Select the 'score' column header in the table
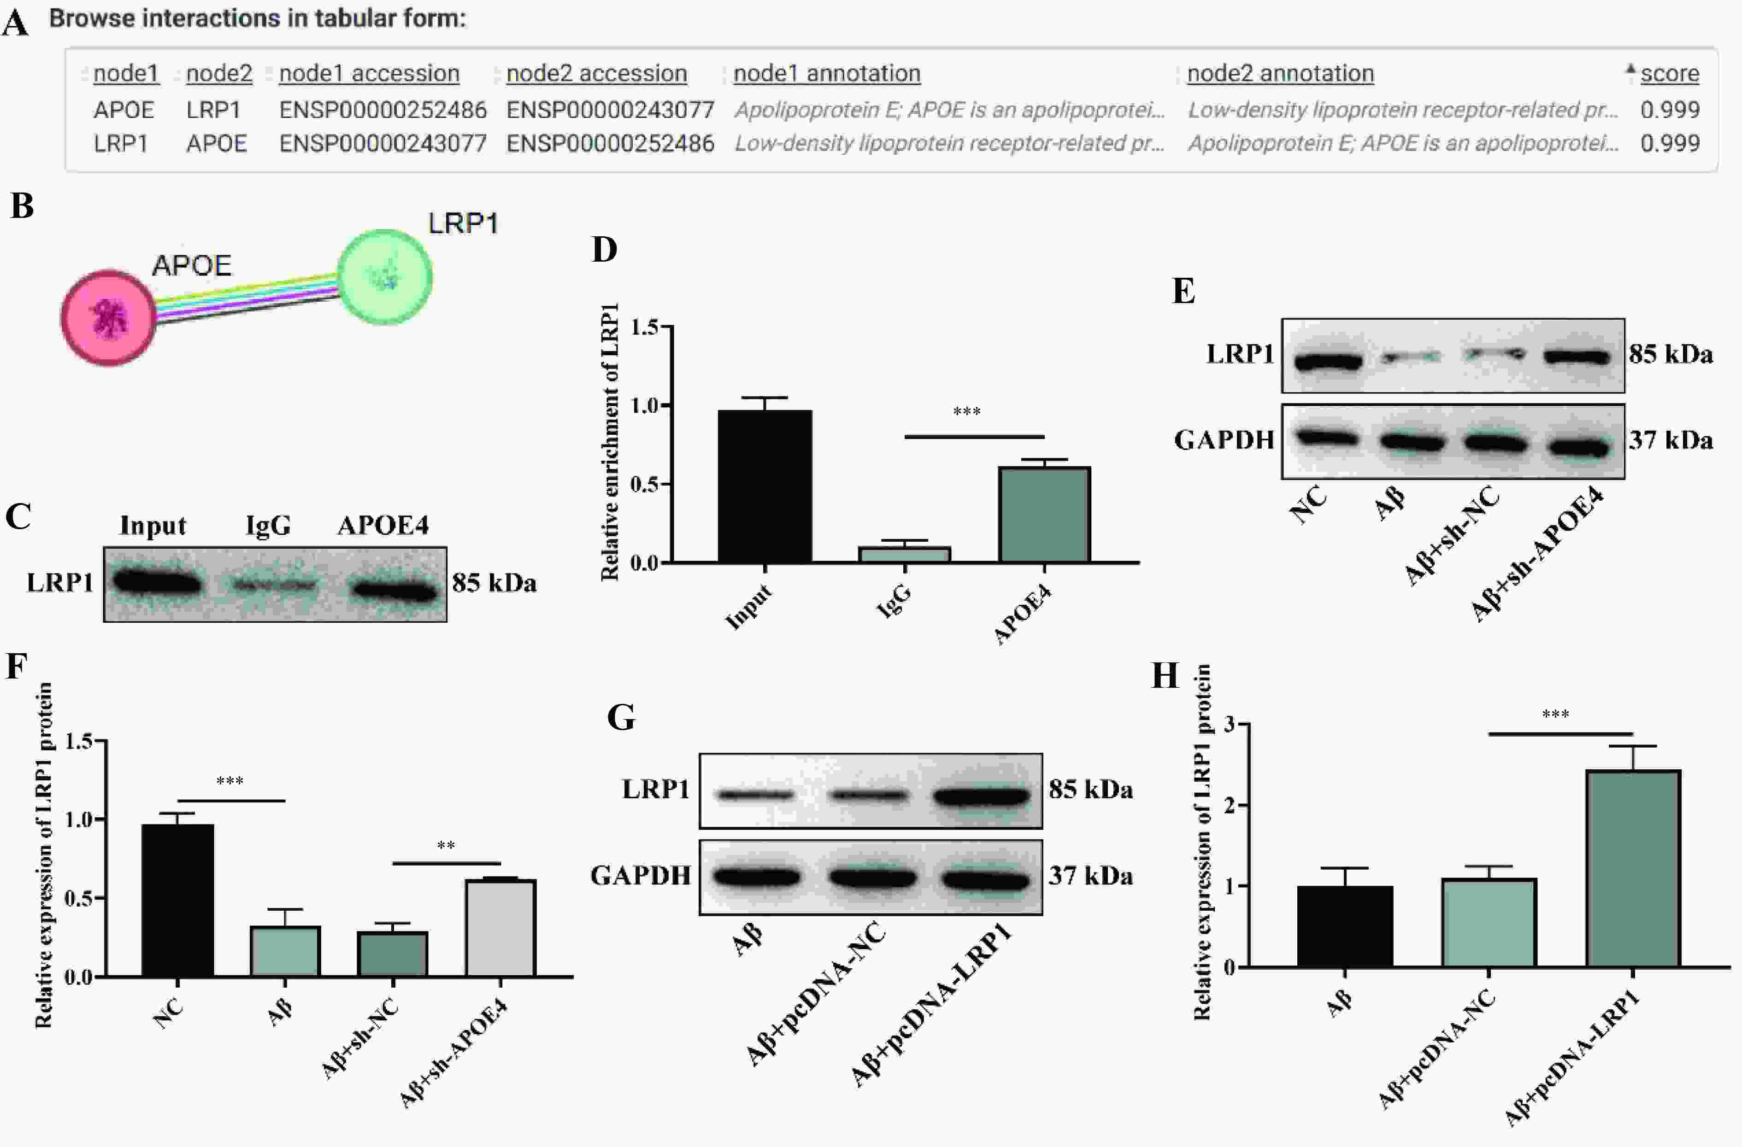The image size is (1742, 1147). point(1670,73)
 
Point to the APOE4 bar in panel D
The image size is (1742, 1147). point(1044,514)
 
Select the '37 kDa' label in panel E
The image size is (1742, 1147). point(1670,440)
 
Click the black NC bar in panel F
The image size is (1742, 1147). point(178,901)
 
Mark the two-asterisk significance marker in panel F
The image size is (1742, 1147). point(446,846)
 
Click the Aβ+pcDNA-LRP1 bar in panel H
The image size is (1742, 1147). point(1633,868)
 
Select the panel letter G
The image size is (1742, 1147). point(621,718)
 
